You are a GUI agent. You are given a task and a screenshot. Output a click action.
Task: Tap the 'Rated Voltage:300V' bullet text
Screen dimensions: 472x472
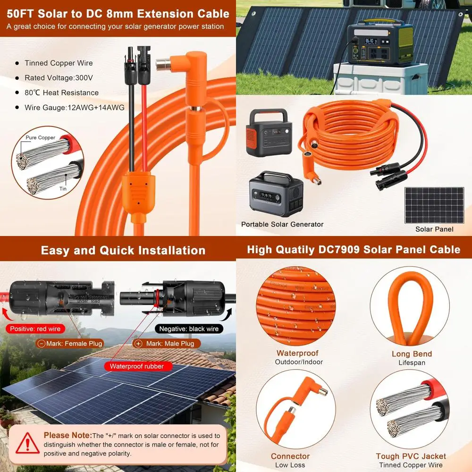[59, 78]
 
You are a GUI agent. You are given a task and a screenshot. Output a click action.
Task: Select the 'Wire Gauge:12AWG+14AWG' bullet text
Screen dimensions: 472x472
[74, 108]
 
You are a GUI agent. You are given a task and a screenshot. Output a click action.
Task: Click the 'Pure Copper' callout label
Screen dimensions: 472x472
[41, 138]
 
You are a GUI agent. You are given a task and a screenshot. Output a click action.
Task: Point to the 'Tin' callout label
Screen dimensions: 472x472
[63, 188]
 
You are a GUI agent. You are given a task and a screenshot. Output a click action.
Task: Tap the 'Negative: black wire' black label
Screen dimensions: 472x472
[189, 329]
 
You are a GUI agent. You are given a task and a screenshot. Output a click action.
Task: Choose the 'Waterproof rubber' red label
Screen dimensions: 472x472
[137, 366]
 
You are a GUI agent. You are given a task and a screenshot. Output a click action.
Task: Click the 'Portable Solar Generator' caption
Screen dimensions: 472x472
[282, 224]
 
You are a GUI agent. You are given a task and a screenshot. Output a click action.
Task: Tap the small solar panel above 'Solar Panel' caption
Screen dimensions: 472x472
[434, 205]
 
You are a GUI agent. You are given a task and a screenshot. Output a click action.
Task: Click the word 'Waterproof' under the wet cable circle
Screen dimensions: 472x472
[297, 354]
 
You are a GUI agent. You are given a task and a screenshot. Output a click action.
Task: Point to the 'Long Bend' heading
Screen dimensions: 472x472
[412, 354]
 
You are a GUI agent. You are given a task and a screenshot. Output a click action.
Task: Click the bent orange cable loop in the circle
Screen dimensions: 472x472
[412, 306]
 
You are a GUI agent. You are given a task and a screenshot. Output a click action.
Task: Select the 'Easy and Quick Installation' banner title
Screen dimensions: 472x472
[123, 250]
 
